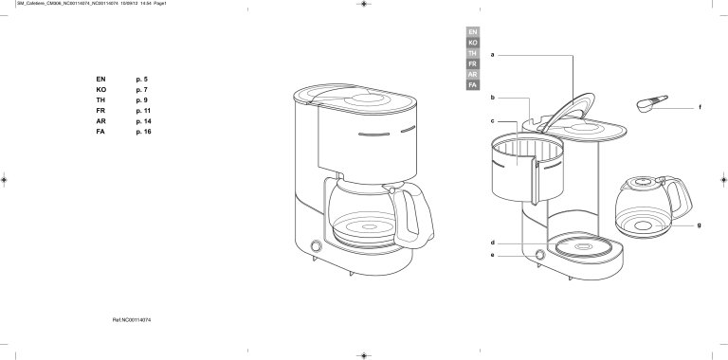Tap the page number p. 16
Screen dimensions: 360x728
[144, 131]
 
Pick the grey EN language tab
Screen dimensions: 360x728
[472, 32]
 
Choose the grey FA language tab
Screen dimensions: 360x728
[472, 84]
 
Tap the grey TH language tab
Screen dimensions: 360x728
[472, 53]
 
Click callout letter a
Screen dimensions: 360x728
[492, 56]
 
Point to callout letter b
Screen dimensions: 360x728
[492, 98]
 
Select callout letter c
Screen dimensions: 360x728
[492, 121]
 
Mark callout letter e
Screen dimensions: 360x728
[492, 255]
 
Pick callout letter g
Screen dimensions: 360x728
[700, 225]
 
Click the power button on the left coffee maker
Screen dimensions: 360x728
[315, 246]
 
